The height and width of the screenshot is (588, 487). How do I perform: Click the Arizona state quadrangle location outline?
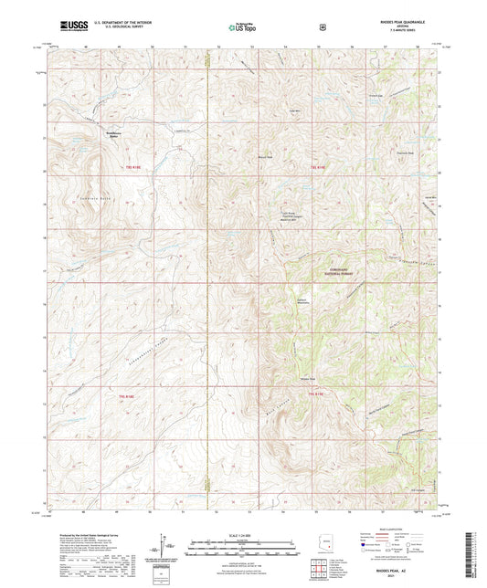(326, 541)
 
